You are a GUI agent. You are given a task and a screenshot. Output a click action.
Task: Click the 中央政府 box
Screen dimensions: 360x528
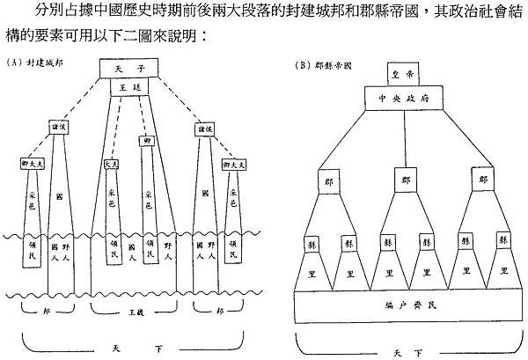point(403,99)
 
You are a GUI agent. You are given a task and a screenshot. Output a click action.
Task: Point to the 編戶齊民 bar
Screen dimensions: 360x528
point(403,304)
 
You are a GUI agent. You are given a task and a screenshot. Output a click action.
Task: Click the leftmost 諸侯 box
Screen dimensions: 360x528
point(59,127)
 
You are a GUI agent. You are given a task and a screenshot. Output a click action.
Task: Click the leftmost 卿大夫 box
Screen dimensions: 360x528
point(33,163)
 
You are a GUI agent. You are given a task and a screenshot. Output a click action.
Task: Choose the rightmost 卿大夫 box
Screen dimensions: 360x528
point(234,164)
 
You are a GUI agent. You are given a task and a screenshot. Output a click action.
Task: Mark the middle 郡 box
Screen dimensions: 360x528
point(403,180)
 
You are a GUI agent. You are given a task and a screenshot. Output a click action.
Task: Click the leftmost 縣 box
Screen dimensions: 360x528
point(312,241)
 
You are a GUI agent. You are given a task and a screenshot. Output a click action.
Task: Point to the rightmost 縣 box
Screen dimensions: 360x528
point(504,239)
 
